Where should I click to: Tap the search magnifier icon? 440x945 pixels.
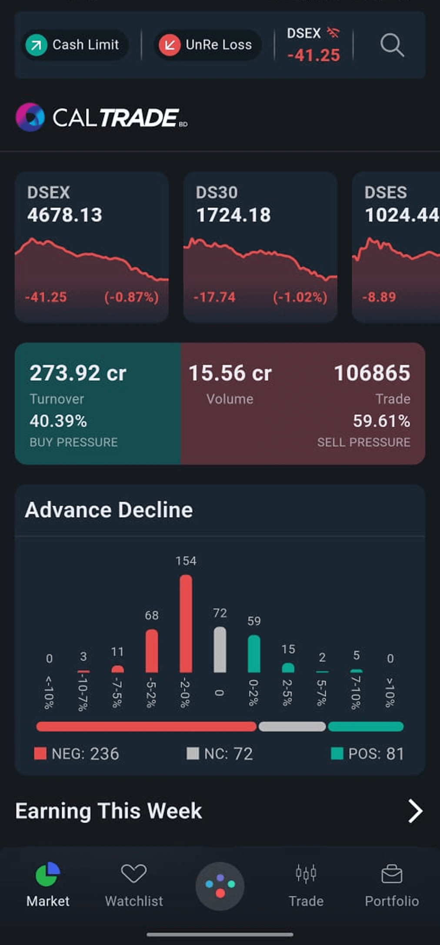tap(392, 45)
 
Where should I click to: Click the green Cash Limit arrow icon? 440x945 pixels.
tap(37, 45)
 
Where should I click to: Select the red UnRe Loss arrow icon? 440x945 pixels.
tap(170, 45)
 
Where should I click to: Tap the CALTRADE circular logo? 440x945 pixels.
tap(30, 117)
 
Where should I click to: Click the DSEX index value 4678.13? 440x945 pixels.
tap(65, 215)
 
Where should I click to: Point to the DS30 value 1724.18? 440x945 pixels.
tap(233, 215)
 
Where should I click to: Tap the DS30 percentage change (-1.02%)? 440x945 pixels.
tap(300, 297)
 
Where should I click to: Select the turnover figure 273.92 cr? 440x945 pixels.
tap(78, 373)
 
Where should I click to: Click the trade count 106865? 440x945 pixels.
tap(372, 373)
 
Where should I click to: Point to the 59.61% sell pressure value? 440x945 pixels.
tap(381, 421)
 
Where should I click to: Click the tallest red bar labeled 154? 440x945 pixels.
tap(186, 623)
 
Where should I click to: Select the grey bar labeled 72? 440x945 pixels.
tap(220, 650)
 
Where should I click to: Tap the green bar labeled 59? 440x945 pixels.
tap(254, 653)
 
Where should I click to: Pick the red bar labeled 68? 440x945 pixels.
tap(152, 651)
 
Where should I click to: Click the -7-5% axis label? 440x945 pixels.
tap(117, 692)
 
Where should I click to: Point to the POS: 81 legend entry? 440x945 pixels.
tap(368, 754)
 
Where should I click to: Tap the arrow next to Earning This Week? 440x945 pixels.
tap(415, 811)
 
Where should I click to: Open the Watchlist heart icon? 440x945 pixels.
tap(134, 873)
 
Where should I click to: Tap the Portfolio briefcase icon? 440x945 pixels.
tap(392, 874)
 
